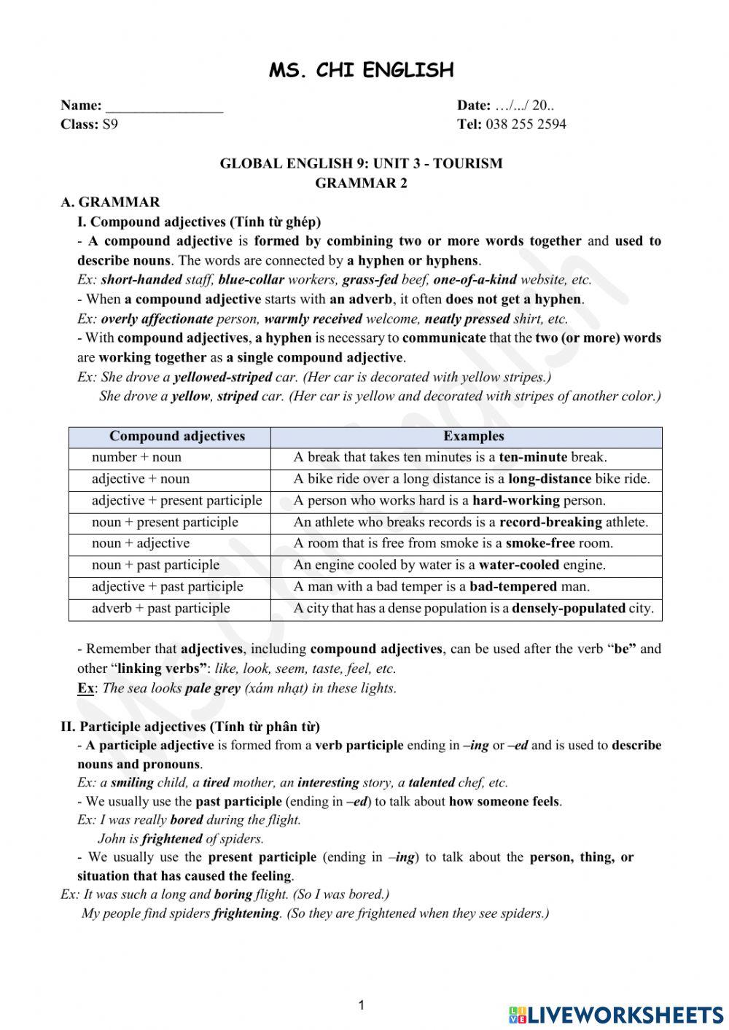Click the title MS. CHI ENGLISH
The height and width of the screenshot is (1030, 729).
pos(362,70)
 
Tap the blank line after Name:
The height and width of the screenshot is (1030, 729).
pos(165,106)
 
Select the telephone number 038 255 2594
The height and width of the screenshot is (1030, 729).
pos(525,124)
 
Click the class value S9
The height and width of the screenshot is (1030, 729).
pos(110,124)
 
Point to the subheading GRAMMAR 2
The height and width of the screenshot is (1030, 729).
pos(361,183)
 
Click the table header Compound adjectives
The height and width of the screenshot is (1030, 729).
pos(177,437)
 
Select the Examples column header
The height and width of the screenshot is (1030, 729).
pos(473,437)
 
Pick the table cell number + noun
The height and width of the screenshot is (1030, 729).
pos(136,458)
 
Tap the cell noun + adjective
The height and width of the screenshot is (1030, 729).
pos(141,544)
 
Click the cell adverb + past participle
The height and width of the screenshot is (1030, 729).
pos(160,609)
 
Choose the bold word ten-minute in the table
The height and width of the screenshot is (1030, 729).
pos(533,458)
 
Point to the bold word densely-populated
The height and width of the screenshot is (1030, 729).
pos(569,609)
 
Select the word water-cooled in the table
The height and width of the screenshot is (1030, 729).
pos(519,565)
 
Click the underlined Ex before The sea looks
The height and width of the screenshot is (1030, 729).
pos(86,688)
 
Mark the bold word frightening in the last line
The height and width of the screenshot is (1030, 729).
pos(246,913)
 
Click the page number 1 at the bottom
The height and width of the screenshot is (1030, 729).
pos(361,1006)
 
